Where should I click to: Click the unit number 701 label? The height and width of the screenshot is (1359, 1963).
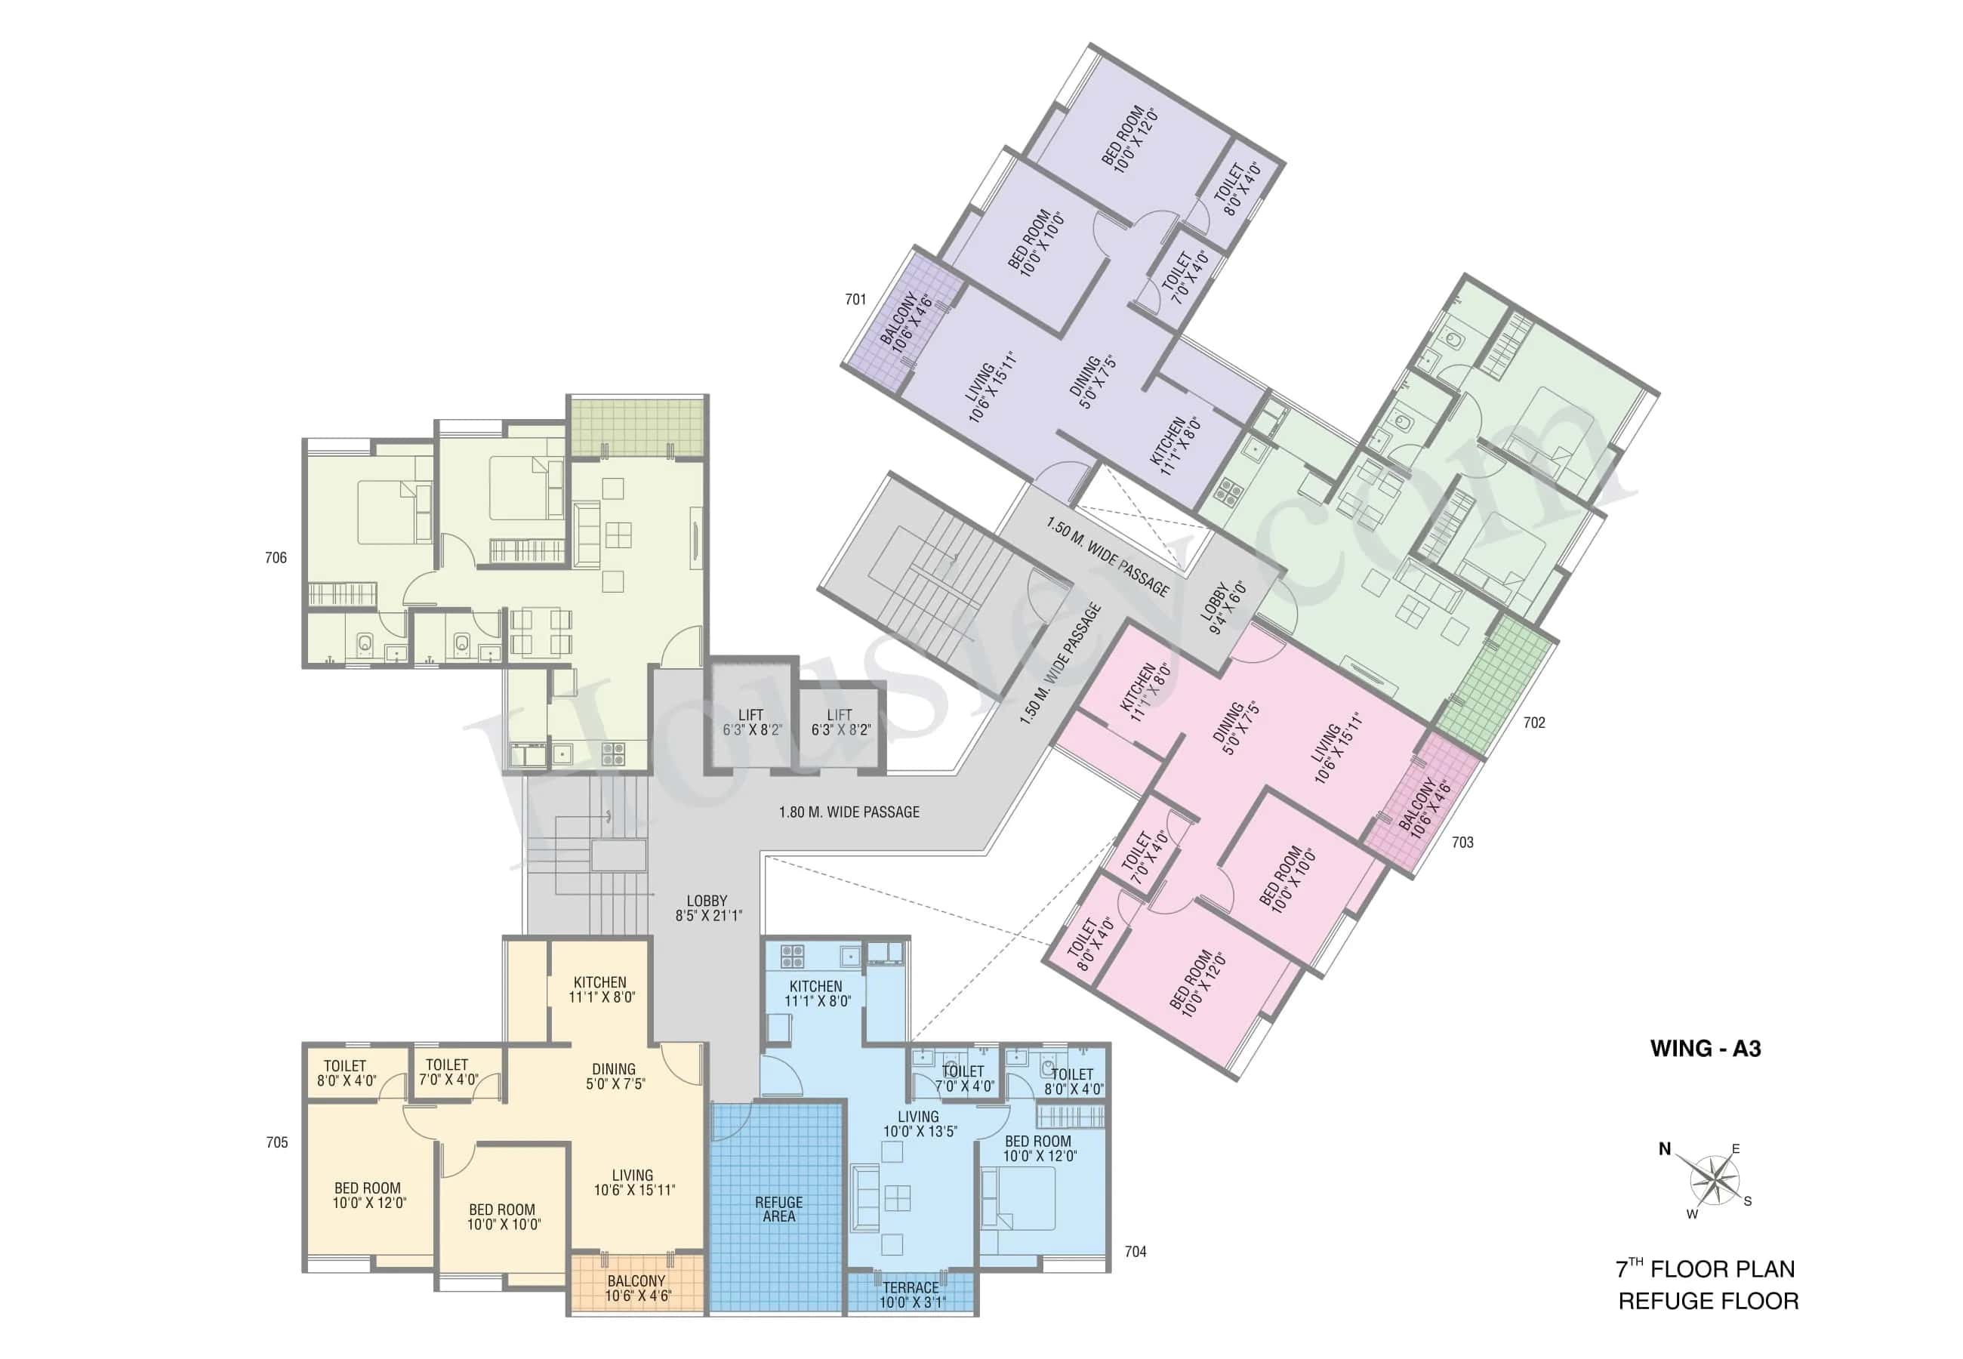tap(855, 300)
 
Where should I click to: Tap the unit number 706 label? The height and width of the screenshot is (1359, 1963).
tap(276, 558)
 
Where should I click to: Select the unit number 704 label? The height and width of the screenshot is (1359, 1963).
tap(1135, 1252)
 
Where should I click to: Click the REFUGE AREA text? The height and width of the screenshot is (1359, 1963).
tap(778, 1210)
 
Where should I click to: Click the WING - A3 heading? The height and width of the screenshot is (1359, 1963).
tap(1705, 1048)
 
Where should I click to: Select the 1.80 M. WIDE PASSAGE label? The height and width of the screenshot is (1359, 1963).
tap(849, 812)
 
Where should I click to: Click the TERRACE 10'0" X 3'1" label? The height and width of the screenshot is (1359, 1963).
tap(911, 1295)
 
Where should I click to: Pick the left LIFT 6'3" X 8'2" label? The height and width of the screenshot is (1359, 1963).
tap(750, 722)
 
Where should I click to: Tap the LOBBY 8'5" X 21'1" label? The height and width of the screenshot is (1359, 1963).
tap(708, 908)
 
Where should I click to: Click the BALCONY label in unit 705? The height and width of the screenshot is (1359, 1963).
tap(636, 1288)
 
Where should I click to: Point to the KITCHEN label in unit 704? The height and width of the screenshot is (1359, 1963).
tap(816, 993)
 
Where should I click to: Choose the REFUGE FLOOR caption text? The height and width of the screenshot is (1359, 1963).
tap(1708, 1301)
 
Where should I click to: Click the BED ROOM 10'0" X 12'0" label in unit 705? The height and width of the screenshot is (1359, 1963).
tap(368, 1195)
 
